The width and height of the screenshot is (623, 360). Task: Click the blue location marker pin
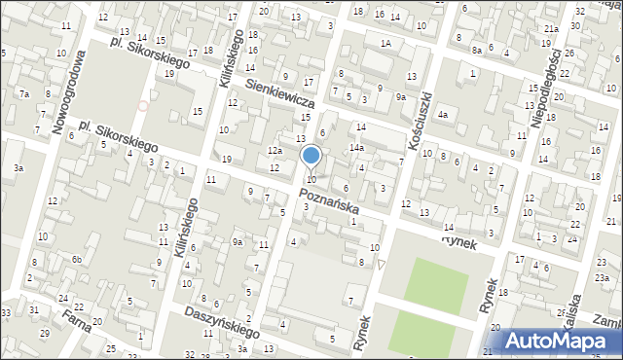point(311,156)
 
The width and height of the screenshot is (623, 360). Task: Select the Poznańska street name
point(329,202)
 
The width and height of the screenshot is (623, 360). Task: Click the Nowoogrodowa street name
point(69,91)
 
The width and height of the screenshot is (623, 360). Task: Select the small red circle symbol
point(144,106)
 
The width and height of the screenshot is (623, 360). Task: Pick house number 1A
point(386,44)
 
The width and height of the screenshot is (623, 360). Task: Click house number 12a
point(275,151)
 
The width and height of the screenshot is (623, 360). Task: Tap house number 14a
point(357,148)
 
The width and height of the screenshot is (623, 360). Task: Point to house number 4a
point(443,115)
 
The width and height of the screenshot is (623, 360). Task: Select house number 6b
point(76,259)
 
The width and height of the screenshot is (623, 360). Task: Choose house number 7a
point(24,93)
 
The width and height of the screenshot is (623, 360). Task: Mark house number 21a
point(551,29)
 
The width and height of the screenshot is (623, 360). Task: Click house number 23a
point(604,279)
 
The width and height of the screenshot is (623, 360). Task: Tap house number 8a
point(477,50)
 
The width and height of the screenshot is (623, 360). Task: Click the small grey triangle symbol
point(383,264)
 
